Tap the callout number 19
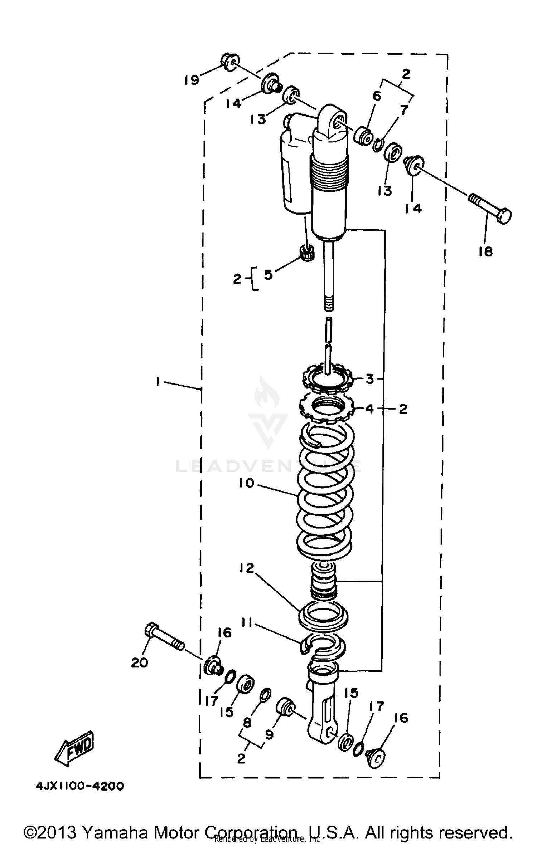(192, 80)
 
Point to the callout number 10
(246, 483)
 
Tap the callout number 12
(247, 568)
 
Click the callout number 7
(404, 110)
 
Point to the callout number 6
(377, 96)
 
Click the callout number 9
(269, 734)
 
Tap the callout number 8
(247, 723)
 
